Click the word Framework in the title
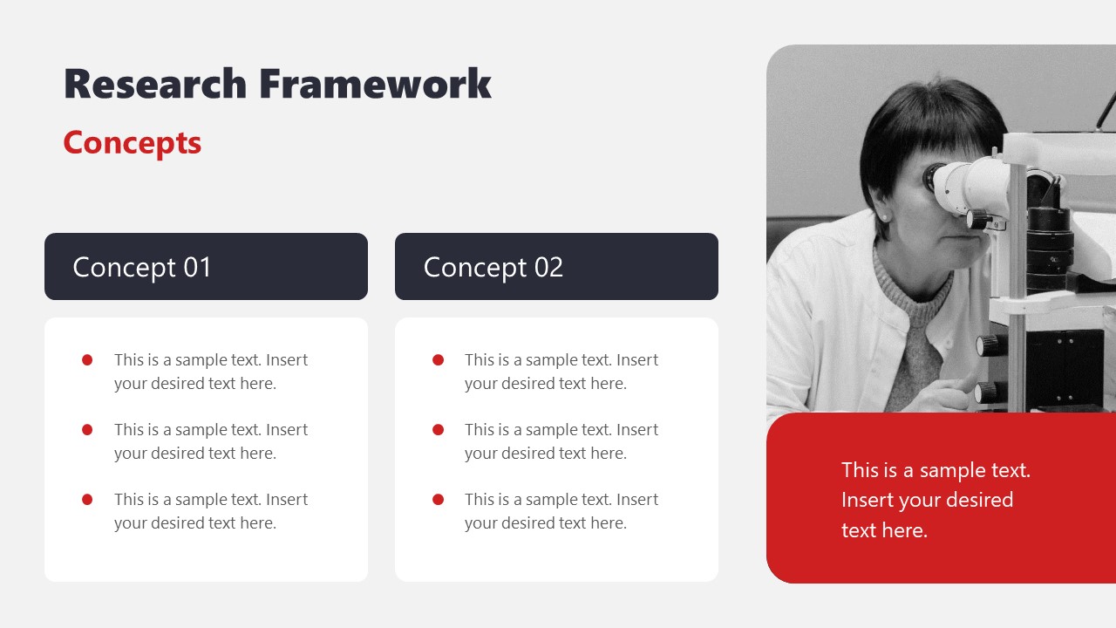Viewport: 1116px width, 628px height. click(375, 85)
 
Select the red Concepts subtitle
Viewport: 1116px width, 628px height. click(133, 143)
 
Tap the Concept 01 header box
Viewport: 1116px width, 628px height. click(206, 267)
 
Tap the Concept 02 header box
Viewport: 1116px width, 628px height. click(556, 267)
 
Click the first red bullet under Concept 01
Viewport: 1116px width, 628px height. click(87, 359)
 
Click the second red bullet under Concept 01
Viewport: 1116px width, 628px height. click(87, 429)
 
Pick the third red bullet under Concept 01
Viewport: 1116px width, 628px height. click(87, 499)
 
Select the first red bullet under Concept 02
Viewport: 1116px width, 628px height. click(438, 359)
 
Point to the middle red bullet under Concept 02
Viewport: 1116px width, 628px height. click(438, 429)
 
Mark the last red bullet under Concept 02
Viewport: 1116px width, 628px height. click(438, 499)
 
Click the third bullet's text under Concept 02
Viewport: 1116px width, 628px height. click(561, 511)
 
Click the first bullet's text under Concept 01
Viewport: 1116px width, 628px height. click(210, 372)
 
